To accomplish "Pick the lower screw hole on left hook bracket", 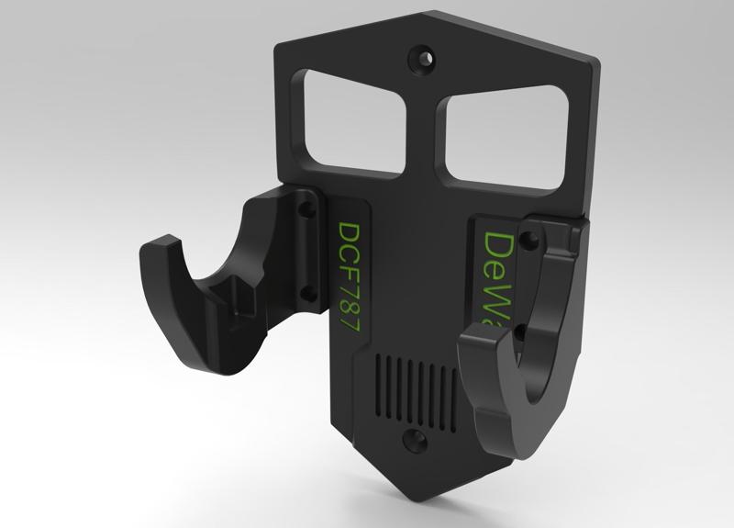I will pos(306,293).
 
